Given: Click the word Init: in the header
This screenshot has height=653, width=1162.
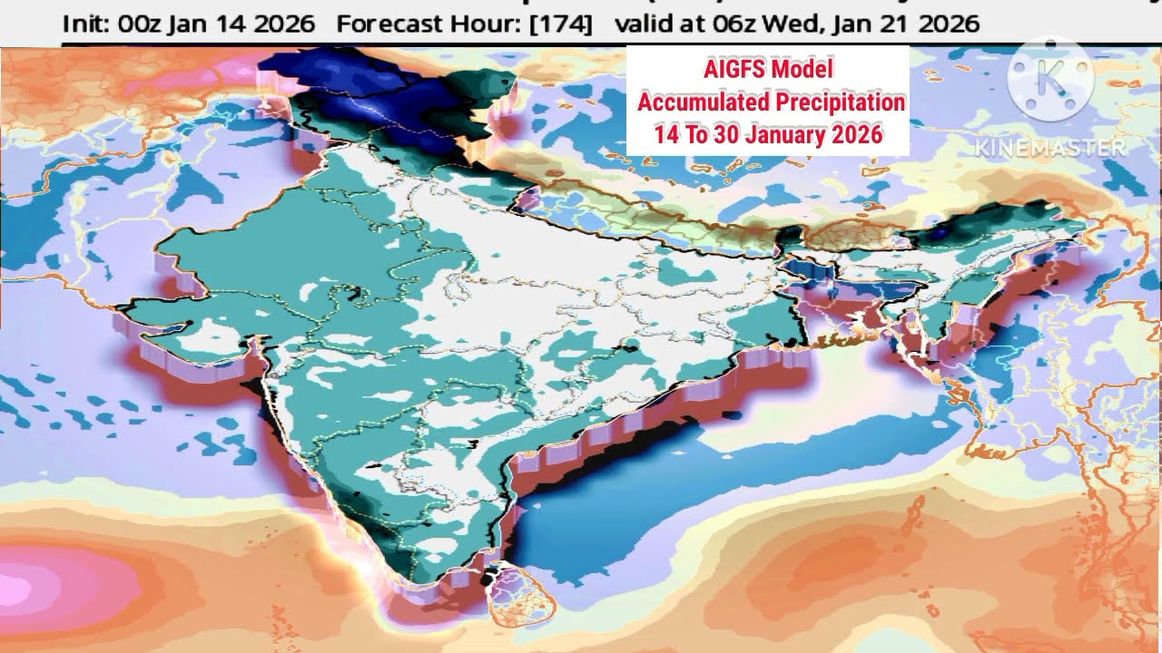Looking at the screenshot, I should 87,24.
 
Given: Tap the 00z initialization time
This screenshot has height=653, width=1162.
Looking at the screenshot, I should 142,24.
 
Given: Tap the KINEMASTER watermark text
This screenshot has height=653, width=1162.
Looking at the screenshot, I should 1050,147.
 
